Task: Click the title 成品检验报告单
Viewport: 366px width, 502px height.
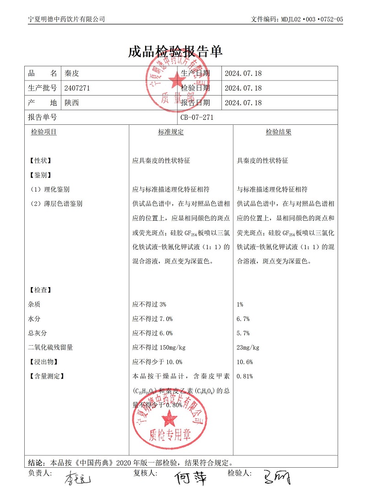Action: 176,51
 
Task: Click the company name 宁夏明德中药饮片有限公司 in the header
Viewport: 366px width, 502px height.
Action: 67,19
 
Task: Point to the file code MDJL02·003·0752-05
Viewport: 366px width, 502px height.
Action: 313,19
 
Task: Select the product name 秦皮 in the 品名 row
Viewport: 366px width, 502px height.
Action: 72,73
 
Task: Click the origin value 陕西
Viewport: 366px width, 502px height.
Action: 72,103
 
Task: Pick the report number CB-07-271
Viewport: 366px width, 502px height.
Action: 197,117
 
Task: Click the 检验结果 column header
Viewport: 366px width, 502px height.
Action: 279,132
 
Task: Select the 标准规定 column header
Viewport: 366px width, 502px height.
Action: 171,132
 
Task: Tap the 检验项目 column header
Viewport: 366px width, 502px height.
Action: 44,132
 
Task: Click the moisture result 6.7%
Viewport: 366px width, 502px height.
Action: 243,319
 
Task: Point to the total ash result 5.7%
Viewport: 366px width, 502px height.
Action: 243,333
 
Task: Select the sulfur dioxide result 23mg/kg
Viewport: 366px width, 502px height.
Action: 248,347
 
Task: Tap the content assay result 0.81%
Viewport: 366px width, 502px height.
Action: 245,377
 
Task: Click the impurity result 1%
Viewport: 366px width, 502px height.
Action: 240,304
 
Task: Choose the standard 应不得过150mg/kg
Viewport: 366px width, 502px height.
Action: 159,347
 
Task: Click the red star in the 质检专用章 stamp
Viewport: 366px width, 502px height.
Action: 170,417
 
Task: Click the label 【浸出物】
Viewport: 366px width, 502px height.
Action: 43,362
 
